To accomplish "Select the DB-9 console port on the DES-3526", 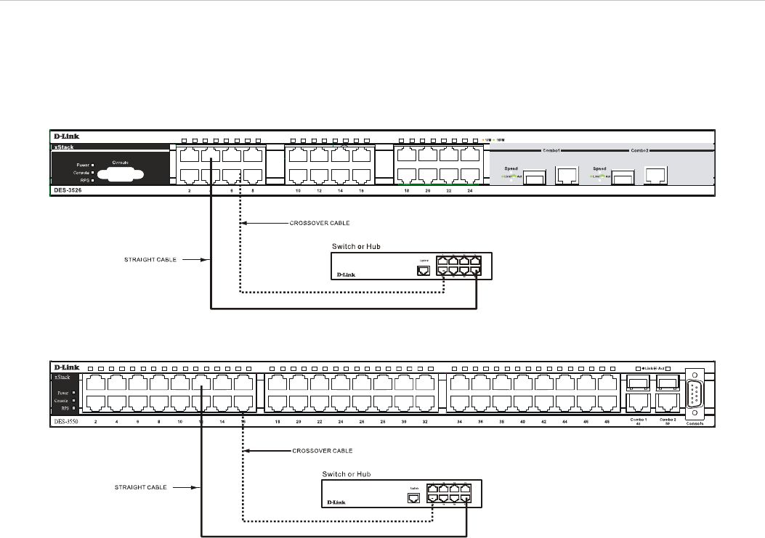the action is [x=116, y=174].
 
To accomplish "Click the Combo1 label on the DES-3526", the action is [x=551, y=150].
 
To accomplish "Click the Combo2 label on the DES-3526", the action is [x=639, y=150].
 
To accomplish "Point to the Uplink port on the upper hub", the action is [x=424, y=270].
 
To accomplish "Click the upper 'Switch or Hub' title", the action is [x=357, y=247].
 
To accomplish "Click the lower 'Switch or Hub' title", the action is [x=347, y=474].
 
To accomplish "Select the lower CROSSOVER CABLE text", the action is [x=322, y=451].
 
